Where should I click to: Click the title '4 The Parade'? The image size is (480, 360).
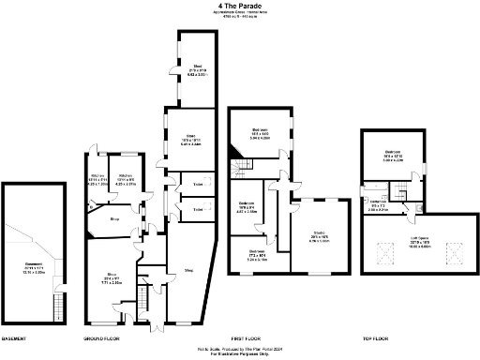pyautogui.click(x=238, y=6)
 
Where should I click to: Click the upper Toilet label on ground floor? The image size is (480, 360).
pyautogui.click(x=198, y=186)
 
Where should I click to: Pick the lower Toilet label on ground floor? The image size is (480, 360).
pyautogui.click(x=198, y=209)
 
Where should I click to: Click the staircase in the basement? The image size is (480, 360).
pyautogui.click(x=58, y=307)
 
